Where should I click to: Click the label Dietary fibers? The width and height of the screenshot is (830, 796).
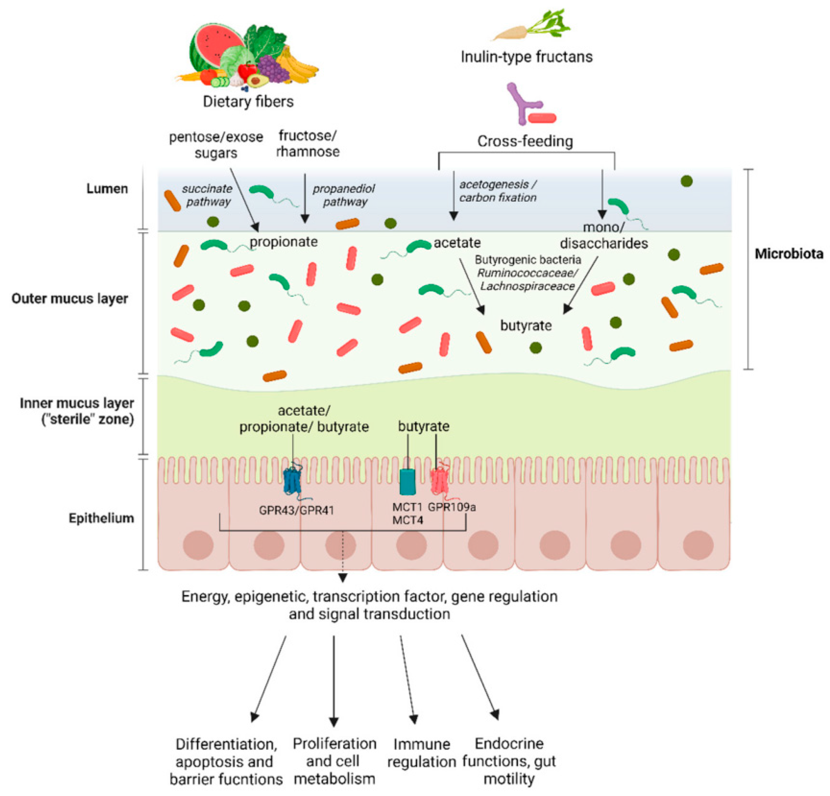(248, 102)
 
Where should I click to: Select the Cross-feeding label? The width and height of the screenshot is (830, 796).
(525, 141)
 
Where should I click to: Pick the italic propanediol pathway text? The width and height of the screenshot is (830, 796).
(344, 195)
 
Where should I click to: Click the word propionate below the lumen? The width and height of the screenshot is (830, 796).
(284, 242)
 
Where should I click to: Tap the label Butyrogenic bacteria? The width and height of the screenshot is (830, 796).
(528, 259)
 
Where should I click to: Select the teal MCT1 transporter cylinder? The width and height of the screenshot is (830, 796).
(408, 481)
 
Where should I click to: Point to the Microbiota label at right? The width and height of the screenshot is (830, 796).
(789, 253)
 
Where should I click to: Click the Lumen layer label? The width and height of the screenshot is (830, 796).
(107, 189)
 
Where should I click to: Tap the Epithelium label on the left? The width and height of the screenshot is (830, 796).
(101, 518)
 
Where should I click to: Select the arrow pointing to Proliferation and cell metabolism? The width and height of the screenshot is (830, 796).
(334, 681)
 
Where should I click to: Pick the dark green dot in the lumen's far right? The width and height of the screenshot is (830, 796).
(687, 181)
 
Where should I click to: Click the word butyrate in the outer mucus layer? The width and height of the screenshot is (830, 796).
(526, 325)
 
